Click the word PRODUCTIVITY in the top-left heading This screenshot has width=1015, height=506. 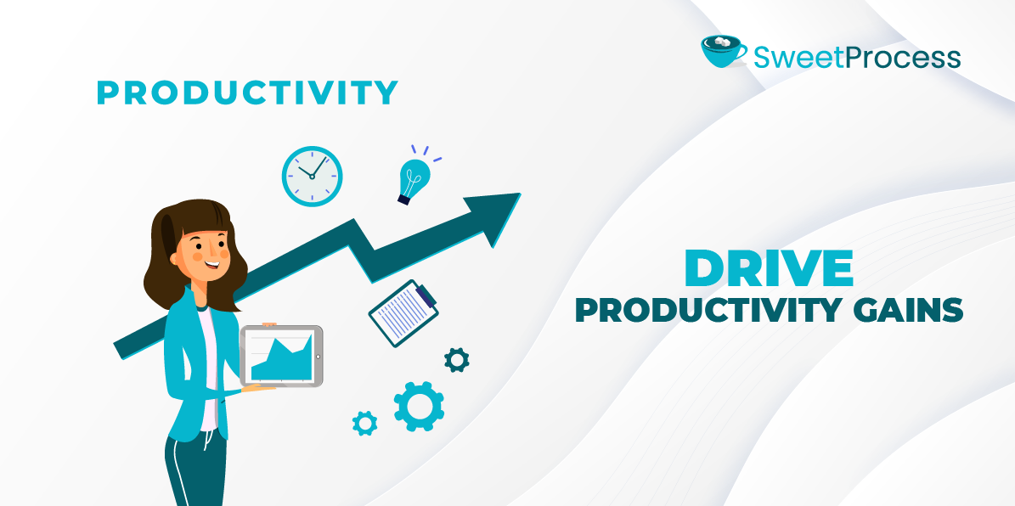point(247,93)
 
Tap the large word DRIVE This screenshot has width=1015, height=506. point(769,269)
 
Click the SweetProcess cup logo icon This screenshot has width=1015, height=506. point(724,51)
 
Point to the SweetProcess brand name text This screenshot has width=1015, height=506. point(857,57)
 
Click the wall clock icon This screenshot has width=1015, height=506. point(312,176)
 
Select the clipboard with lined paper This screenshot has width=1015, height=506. point(403,313)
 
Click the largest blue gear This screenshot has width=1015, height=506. point(419,406)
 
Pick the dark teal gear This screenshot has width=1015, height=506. point(457,360)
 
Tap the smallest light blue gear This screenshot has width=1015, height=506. point(365,422)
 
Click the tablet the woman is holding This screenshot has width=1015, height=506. point(281,356)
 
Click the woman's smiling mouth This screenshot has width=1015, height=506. point(211,263)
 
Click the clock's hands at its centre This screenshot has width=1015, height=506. point(312,176)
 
